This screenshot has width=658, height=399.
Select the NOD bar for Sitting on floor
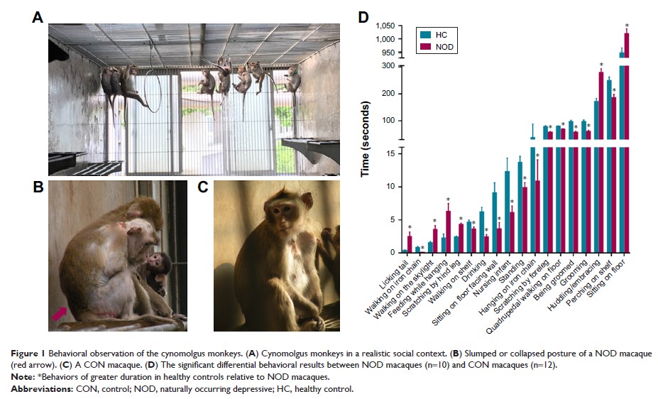pos(626,142)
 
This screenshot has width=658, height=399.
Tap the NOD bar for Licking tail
pos(410,244)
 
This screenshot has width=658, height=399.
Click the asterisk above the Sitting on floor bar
pos(627,26)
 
